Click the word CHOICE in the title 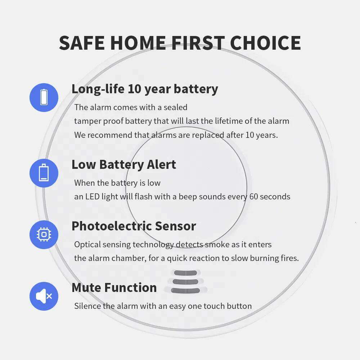(x=265, y=43)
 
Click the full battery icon (x=44, y=97)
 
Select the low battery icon (x=44, y=173)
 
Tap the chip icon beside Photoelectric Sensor (x=44, y=235)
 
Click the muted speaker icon (x=44, y=296)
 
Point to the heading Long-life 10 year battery (x=145, y=89)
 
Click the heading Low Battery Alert (x=124, y=165)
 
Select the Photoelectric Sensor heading (x=134, y=226)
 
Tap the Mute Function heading (x=114, y=288)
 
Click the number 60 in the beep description (x=253, y=197)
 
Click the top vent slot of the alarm (x=185, y=273)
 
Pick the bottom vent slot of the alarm (x=185, y=291)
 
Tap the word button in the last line (x=239, y=306)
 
